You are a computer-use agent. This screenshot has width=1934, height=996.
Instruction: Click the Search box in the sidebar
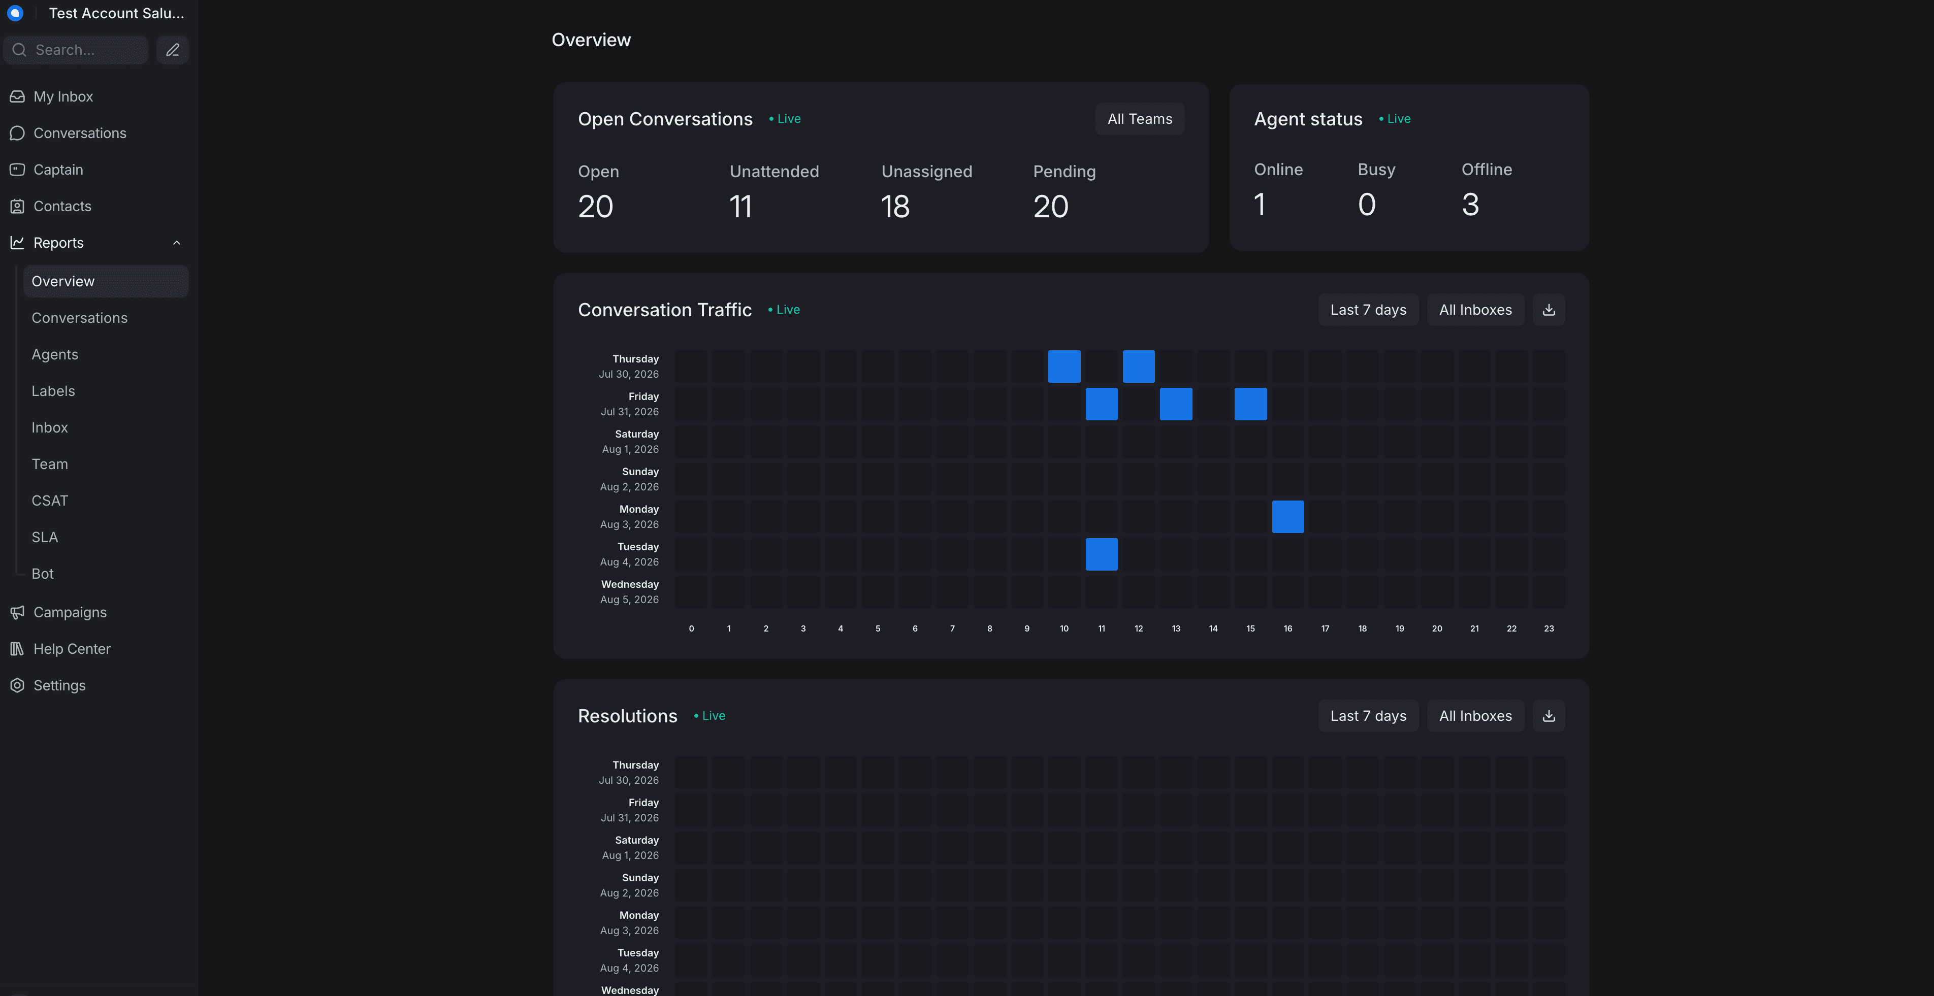coord(76,50)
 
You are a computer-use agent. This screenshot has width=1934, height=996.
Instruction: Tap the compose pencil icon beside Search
coord(173,50)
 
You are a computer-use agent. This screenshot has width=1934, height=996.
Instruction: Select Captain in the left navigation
coord(58,170)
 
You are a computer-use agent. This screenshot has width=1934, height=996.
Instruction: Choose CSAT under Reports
coord(50,501)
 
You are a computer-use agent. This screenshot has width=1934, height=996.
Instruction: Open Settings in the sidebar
coord(59,685)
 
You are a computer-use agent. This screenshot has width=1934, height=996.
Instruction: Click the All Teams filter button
coord(1140,119)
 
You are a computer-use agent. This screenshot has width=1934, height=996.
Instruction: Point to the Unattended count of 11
coord(740,207)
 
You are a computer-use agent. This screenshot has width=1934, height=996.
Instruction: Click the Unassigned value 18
coord(895,207)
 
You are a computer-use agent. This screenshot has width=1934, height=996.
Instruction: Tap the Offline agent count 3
coord(1470,204)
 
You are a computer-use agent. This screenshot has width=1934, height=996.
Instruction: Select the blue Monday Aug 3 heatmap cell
coord(1287,516)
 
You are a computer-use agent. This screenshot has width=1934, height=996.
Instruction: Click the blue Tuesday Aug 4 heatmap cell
coord(1102,554)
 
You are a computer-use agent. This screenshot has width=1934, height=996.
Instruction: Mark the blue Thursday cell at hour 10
coord(1064,367)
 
